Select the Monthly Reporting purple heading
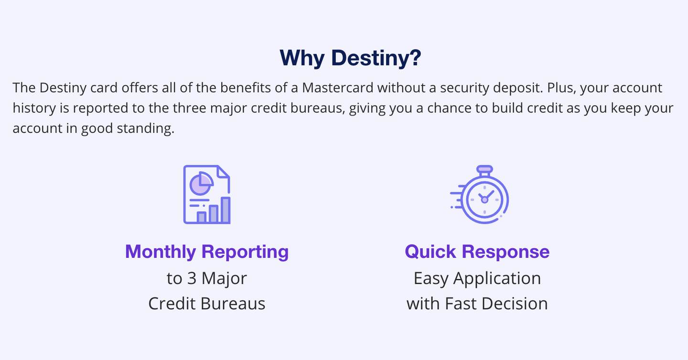pos(207,251)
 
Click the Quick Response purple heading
pos(477,251)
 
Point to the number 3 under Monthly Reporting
pos(192,278)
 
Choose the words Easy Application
pos(477,278)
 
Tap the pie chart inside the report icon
pos(201,183)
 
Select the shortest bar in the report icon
pos(202,217)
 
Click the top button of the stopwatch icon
pos(484,169)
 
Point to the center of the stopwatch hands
pos(484,200)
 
